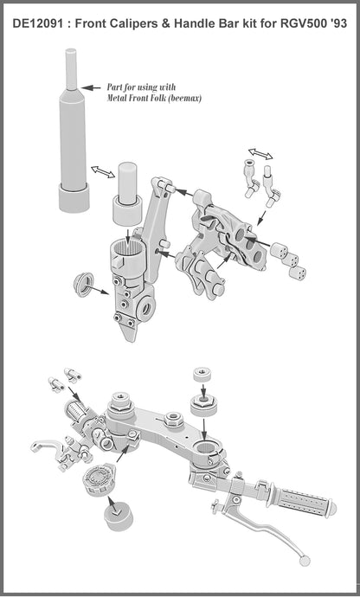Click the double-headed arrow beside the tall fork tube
click(x=102, y=172)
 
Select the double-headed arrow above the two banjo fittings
click(x=261, y=155)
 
